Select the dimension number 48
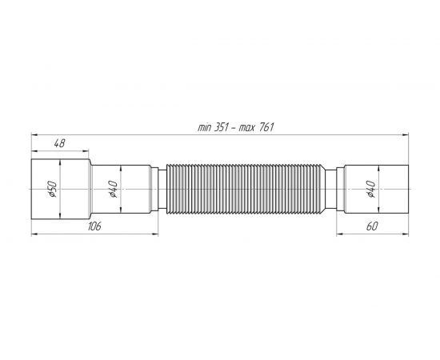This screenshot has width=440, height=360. pos(58,144)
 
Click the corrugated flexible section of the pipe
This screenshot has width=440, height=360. pos(246,189)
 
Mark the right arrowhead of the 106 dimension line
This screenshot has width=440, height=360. pos(156,233)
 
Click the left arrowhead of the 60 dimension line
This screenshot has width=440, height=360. pos(339,233)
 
